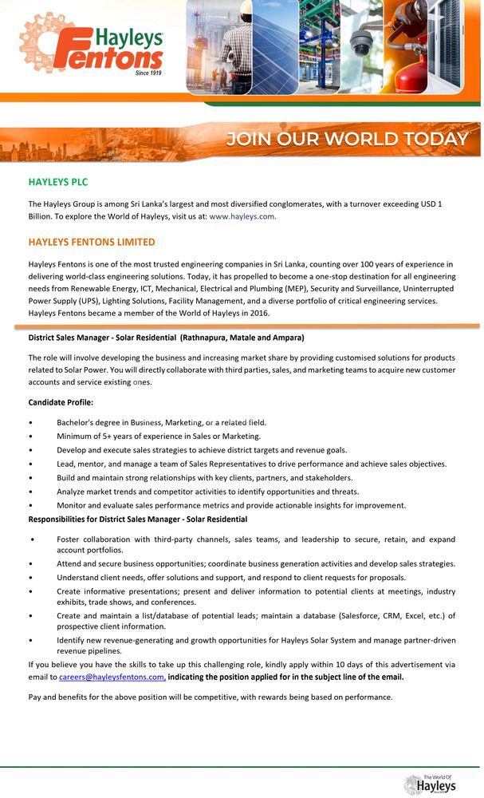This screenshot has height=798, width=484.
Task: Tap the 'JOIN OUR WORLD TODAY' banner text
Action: click(347, 139)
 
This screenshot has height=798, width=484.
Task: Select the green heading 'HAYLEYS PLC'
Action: click(58, 182)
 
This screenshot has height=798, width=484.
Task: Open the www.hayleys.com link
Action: click(242, 216)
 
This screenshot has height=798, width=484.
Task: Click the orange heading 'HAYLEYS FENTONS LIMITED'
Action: click(92, 242)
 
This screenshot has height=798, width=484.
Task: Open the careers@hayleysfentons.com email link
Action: click(112, 677)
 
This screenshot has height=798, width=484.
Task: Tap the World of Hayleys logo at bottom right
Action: click(431, 784)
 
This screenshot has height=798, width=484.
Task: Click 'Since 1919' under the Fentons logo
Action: click(148, 73)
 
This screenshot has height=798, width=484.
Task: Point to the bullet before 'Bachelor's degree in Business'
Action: click(30, 422)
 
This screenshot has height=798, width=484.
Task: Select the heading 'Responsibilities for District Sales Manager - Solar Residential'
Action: click(138, 519)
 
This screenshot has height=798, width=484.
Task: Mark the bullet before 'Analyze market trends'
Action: click(30, 492)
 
